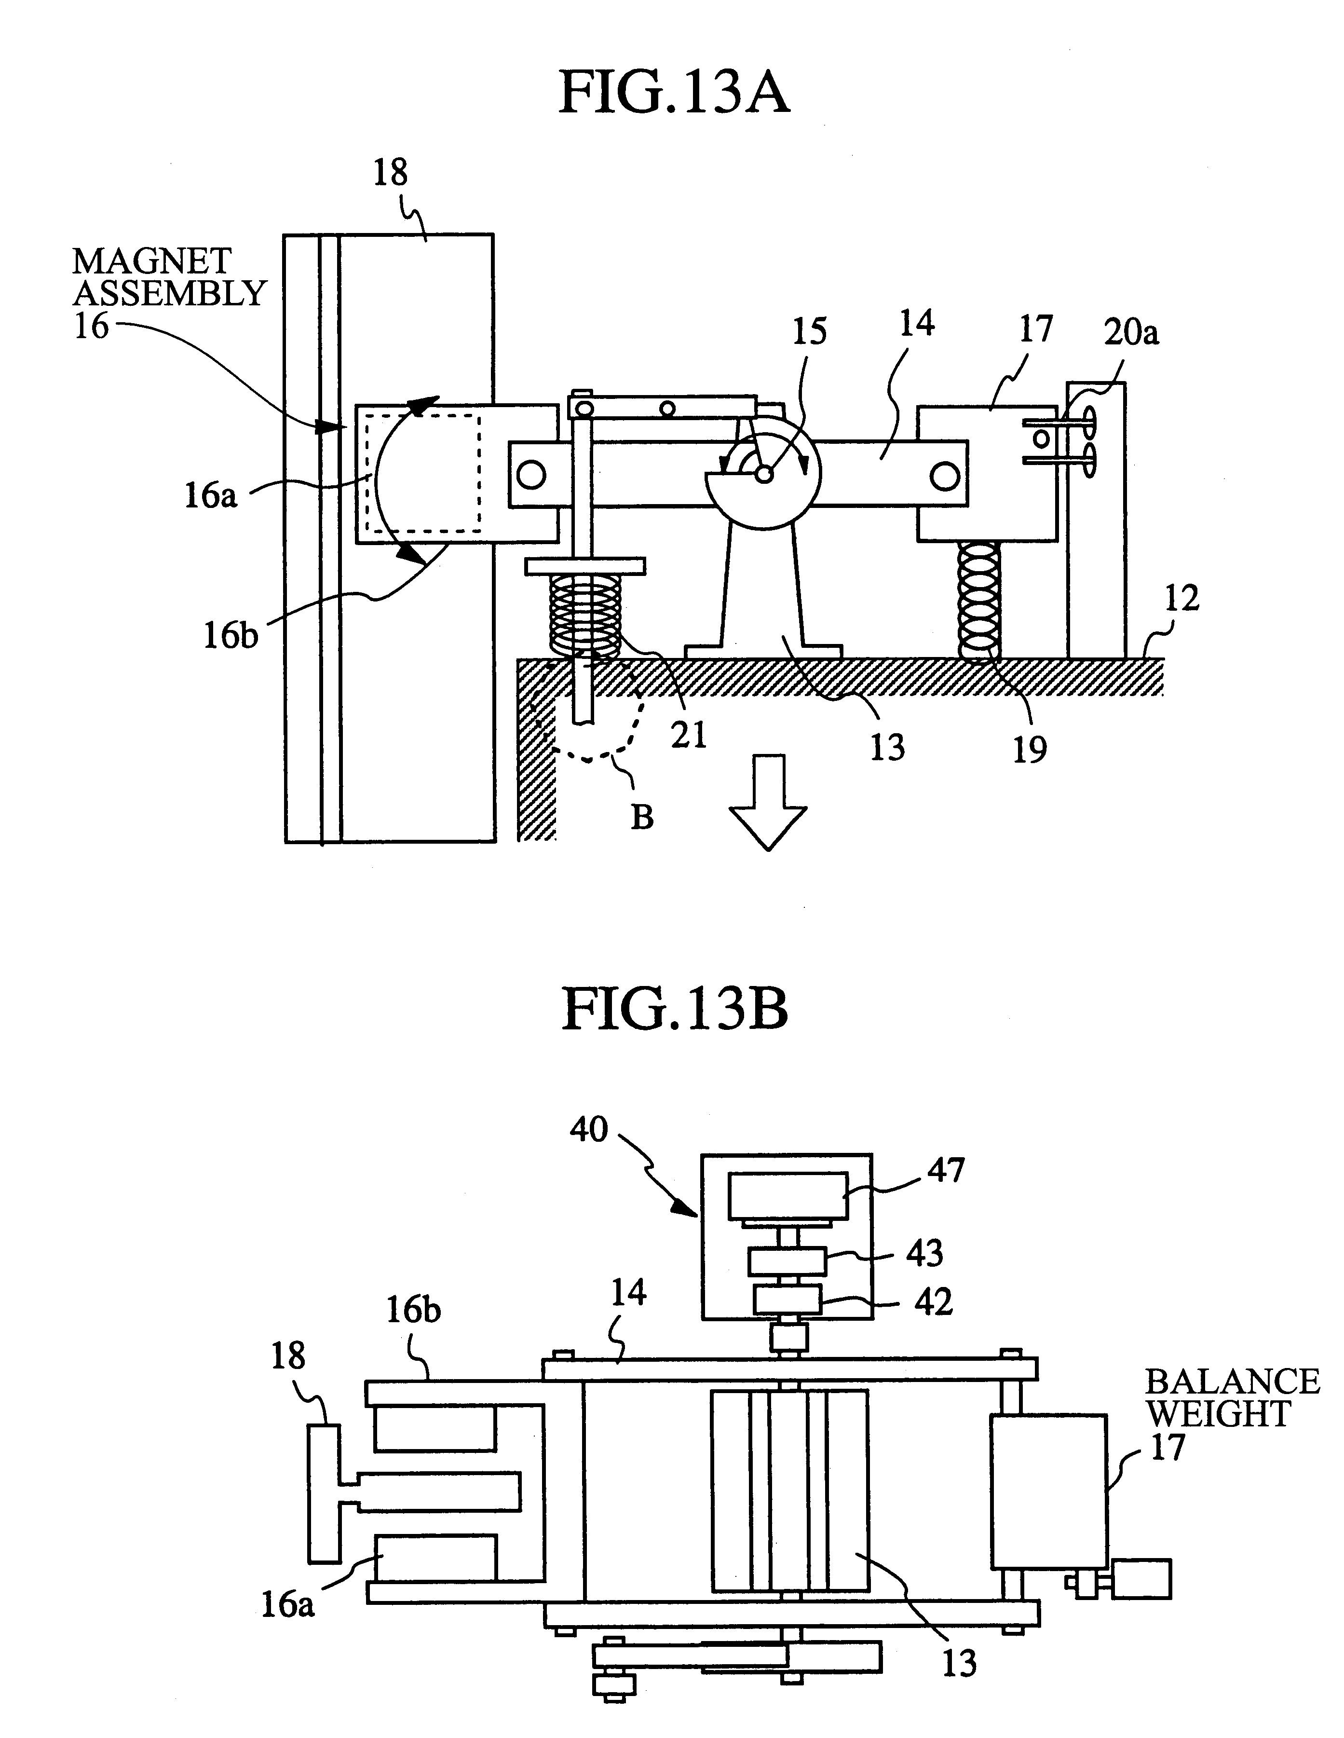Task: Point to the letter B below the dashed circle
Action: pyautogui.click(x=642, y=817)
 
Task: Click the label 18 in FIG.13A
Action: pyautogui.click(x=390, y=172)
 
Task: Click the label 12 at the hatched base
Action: pyautogui.click(x=1181, y=599)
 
